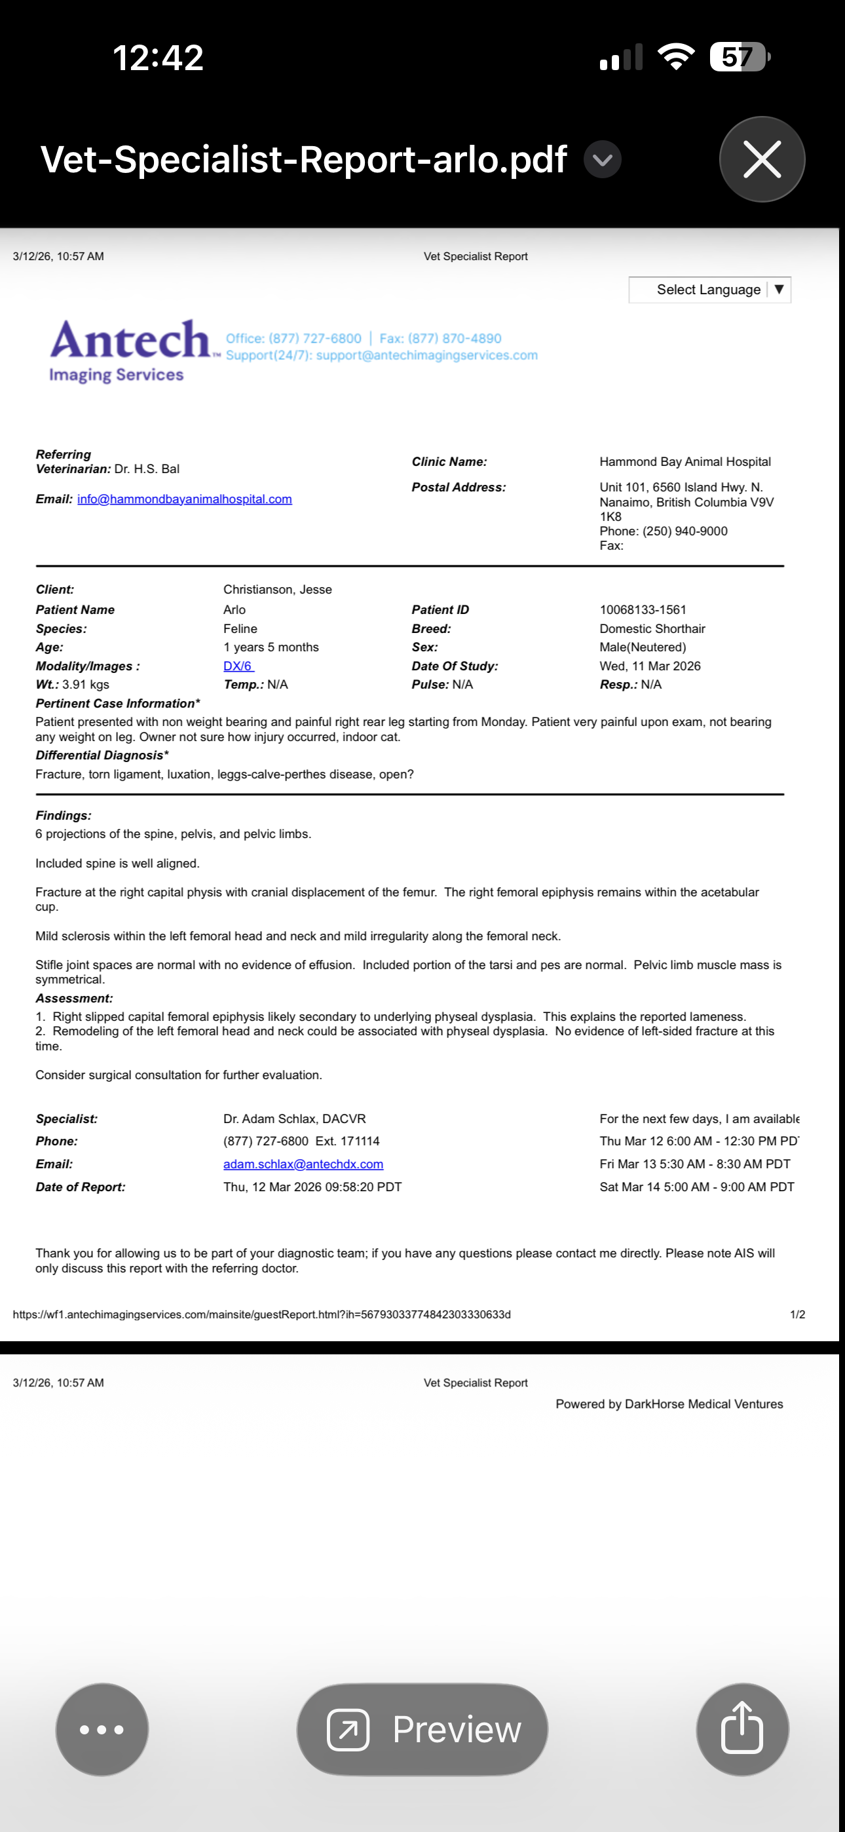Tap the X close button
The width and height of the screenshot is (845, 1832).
click(762, 159)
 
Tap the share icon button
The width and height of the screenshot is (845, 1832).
click(742, 1729)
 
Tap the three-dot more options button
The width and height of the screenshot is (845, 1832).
click(102, 1729)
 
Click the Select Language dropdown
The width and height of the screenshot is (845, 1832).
click(709, 290)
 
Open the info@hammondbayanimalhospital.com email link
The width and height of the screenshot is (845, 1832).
click(184, 499)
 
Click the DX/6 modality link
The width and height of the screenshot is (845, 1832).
click(238, 666)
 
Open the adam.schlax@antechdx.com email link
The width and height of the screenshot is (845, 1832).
click(303, 1164)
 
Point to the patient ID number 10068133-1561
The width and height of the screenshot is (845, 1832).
click(643, 609)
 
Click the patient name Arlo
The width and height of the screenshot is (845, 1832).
click(234, 609)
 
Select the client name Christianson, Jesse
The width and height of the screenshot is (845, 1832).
click(277, 590)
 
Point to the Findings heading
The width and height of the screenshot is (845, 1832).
click(64, 816)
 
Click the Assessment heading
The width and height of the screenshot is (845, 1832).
click(74, 999)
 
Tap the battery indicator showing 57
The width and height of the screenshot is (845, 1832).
click(738, 57)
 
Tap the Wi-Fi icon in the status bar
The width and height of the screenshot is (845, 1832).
click(676, 57)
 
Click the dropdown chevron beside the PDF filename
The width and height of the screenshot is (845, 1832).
click(603, 159)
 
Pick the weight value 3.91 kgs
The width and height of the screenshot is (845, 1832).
click(85, 685)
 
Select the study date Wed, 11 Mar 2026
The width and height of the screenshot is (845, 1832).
click(649, 666)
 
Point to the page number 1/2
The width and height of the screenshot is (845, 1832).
click(797, 1314)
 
